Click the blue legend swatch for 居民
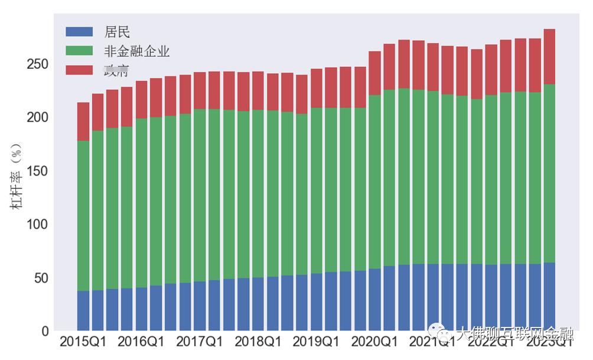[x=79, y=31]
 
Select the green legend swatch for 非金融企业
[x=79, y=51]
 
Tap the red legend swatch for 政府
[x=79, y=70]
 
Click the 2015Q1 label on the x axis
[x=83, y=342]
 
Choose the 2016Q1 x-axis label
[x=141, y=342]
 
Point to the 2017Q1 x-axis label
[x=200, y=342]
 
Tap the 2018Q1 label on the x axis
[x=258, y=342]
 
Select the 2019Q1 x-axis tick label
[x=316, y=342]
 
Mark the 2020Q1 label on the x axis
[x=374, y=342]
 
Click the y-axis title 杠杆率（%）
[x=17, y=176]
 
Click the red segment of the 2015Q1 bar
[x=83, y=122]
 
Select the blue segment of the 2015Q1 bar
[x=83, y=311]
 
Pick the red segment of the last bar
[x=549, y=57]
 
